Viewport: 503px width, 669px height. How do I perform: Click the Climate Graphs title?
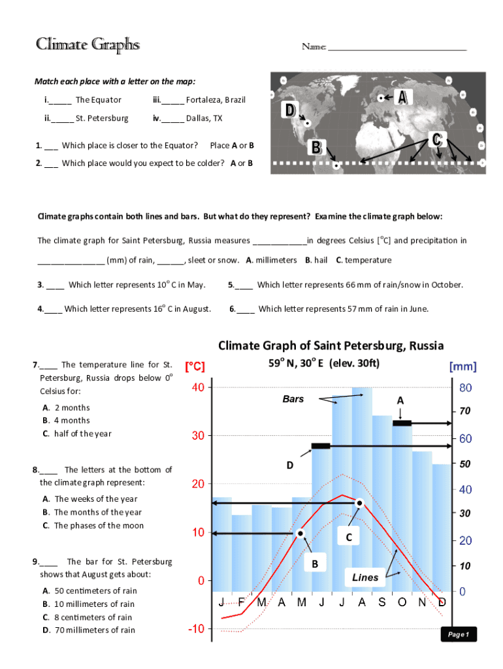click(88, 44)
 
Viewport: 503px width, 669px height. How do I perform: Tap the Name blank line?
click(397, 49)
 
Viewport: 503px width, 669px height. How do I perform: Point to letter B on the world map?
click(316, 148)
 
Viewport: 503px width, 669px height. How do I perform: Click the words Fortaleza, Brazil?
click(216, 100)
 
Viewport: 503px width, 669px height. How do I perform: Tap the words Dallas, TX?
click(204, 118)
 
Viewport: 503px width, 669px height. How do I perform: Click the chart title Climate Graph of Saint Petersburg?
click(331, 345)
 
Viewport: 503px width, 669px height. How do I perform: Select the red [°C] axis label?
click(195, 367)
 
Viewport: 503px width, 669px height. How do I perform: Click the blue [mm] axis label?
click(462, 367)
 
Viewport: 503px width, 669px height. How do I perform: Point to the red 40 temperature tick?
click(198, 387)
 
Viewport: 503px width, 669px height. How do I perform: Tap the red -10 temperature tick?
click(197, 628)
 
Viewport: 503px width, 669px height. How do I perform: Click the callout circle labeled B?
click(314, 563)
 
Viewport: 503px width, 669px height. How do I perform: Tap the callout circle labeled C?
click(349, 537)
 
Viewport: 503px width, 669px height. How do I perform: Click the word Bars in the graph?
click(293, 399)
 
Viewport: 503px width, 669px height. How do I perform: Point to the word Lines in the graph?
click(365, 578)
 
